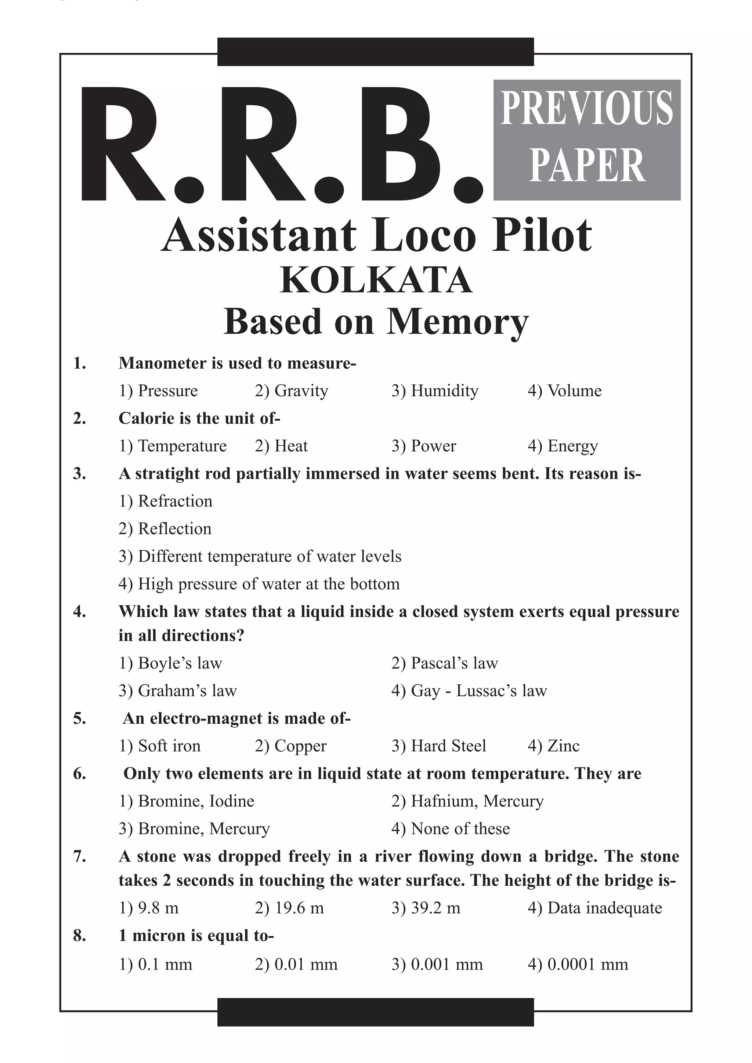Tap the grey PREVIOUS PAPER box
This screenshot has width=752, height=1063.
587,140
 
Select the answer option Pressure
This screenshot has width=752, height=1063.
158,391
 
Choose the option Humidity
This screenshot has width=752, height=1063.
435,391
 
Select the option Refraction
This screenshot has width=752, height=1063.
166,501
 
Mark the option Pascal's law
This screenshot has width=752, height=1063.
445,663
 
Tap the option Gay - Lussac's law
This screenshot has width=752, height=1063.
469,691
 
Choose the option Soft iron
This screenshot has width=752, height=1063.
160,746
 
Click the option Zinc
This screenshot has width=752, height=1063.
553,746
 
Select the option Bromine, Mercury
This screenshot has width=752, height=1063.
194,829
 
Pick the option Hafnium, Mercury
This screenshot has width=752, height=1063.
467,801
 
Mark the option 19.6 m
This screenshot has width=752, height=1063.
289,908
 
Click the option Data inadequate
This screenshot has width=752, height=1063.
595,908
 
